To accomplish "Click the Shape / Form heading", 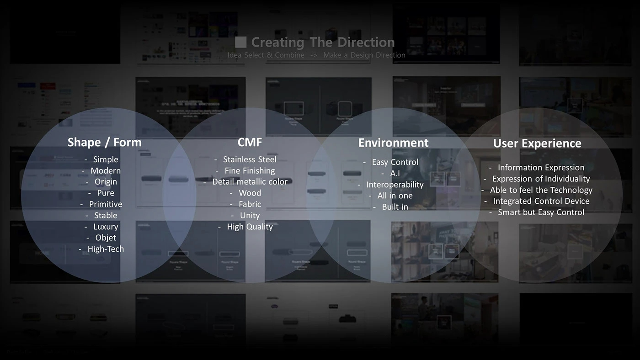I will tap(104, 142).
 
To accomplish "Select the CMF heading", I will tap(250, 142).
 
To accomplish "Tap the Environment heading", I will tap(393, 143).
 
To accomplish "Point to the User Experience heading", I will tap(537, 143).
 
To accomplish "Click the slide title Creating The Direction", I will tap(323, 42).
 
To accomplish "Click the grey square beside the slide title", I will tap(241, 42).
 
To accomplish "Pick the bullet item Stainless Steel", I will tap(250, 159).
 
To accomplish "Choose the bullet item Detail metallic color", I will tap(250, 182).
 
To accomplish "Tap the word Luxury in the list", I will tap(106, 227).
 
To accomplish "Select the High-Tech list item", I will tap(106, 249).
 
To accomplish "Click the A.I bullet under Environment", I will tap(395, 174).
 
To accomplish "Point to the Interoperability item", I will tap(395, 185).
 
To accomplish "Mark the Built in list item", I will tap(395, 207).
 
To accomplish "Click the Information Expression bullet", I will tap(541, 168).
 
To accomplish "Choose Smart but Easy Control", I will tap(541, 212).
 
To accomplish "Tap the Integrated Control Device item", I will tap(541, 201).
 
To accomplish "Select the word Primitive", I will tap(106, 204).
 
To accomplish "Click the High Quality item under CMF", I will tap(250, 227).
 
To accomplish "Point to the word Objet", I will tap(106, 238).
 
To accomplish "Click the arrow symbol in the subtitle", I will tap(314, 55).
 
